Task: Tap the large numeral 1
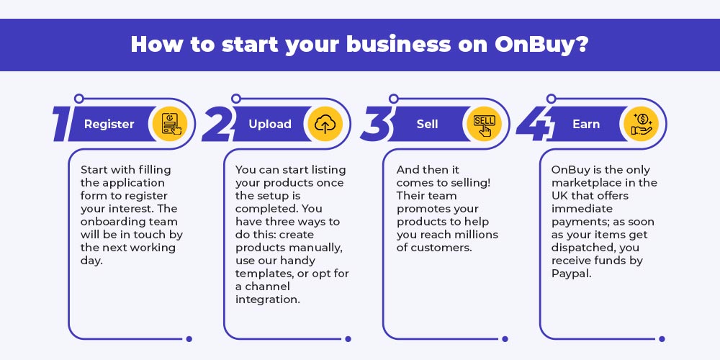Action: coord(63,124)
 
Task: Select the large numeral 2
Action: coord(217,124)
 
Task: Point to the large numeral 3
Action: coord(375,124)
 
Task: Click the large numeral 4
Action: coord(534,124)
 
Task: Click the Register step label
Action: coord(109,124)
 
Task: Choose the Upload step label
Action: coord(270,124)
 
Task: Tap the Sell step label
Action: coord(428,124)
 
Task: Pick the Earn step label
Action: coord(586,124)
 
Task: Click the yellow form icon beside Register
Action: coord(171,124)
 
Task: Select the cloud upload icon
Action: coord(325,124)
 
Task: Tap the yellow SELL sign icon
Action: coord(484,124)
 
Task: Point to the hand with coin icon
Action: coord(642,124)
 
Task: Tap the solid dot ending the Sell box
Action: coord(505,339)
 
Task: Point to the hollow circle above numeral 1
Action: coord(79,98)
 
